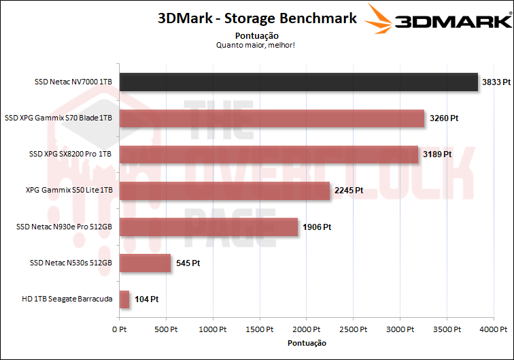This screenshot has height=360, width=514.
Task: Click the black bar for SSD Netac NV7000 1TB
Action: click(x=298, y=82)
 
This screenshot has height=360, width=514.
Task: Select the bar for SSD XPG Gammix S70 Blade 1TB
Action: click(x=272, y=118)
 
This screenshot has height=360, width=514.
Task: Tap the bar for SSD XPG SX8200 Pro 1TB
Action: click(x=269, y=154)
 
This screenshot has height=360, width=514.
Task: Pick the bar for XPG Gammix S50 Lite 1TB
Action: click(x=224, y=191)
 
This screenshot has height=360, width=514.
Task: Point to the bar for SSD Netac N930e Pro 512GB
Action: click(x=209, y=227)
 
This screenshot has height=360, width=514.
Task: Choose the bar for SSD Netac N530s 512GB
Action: click(x=145, y=263)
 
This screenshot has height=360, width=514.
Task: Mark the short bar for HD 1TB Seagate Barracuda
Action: click(x=124, y=299)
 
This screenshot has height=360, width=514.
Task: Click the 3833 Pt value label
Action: click(x=496, y=82)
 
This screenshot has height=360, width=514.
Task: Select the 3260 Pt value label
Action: click(x=444, y=118)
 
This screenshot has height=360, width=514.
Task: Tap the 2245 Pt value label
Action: click(x=349, y=191)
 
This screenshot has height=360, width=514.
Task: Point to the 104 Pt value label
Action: click(x=145, y=299)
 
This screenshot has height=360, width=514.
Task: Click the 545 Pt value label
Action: click(x=187, y=263)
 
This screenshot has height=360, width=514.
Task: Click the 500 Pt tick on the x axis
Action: click(x=166, y=329)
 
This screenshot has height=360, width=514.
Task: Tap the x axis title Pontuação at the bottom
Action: click(x=307, y=342)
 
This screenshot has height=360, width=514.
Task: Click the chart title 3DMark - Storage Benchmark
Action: click(x=257, y=18)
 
